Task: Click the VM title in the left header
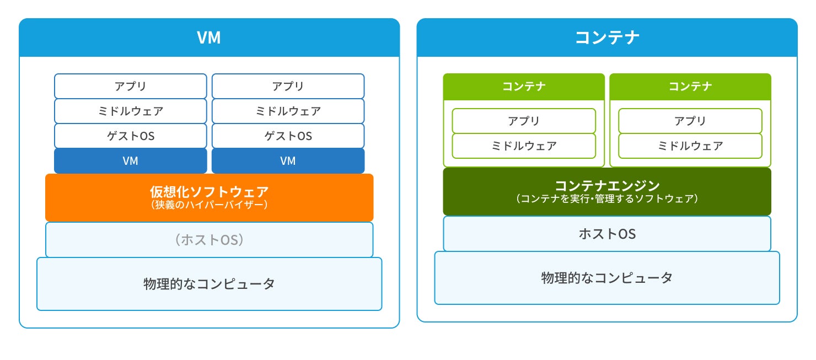[x=209, y=37]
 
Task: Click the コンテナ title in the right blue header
[x=607, y=37]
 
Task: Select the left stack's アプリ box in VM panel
[x=131, y=86]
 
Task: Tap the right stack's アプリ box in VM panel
[x=288, y=86]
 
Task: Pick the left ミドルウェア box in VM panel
[x=131, y=111]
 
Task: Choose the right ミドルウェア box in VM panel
[x=288, y=111]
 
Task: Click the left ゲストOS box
[x=131, y=136]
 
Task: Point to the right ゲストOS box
[x=288, y=136]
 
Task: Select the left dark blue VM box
[x=131, y=160]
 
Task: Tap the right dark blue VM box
[x=288, y=160]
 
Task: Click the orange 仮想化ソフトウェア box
[x=209, y=197]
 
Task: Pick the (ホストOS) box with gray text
[x=209, y=240]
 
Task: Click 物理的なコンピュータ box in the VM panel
[x=209, y=284]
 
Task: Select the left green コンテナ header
[x=524, y=87]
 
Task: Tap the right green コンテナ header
[x=690, y=87]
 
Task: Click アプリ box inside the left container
[x=524, y=121]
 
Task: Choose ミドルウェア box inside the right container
[x=690, y=146]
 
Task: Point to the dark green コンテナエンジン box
[x=607, y=191]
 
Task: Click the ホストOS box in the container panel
[x=607, y=234]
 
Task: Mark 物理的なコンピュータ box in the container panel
[x=607, y=278]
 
